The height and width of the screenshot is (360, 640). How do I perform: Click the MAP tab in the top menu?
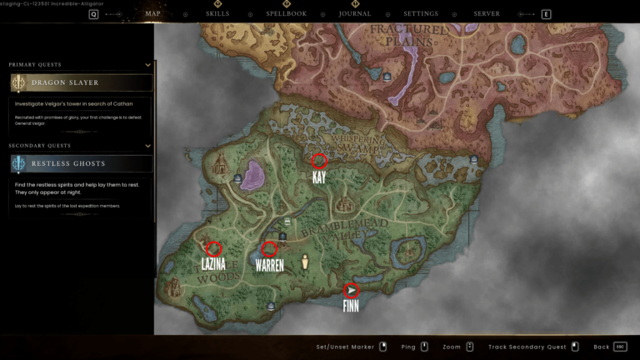(x=152, y=14)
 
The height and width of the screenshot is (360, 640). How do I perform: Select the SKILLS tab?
(x=218, y=14)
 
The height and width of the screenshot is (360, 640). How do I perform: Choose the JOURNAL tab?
(x=355, y=14)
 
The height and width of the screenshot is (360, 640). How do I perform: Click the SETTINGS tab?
(x=421, y=14)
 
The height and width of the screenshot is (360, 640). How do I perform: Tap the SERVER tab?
(x=487, y=14)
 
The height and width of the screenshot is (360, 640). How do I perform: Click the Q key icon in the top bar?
(x=93, y=14)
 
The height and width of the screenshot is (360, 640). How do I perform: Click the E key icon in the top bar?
(x=546, y=14)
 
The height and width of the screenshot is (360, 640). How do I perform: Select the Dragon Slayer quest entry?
(x=81, y=82)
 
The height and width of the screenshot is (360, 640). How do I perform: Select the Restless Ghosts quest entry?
(x=81, y=163)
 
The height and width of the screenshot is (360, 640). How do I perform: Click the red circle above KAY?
(x=318, y=161)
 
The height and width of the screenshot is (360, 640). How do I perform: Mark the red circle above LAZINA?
(x=213, y=247)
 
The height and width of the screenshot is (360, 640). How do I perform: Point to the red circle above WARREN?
(x=268, y=248)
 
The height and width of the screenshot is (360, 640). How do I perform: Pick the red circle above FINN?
(x=352, y=290)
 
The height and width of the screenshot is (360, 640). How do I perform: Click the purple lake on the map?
(x=252, y=176)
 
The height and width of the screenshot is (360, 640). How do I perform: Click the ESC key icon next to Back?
(x=620, y=347)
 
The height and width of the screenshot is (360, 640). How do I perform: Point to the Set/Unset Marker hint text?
(x=345, y=347)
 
